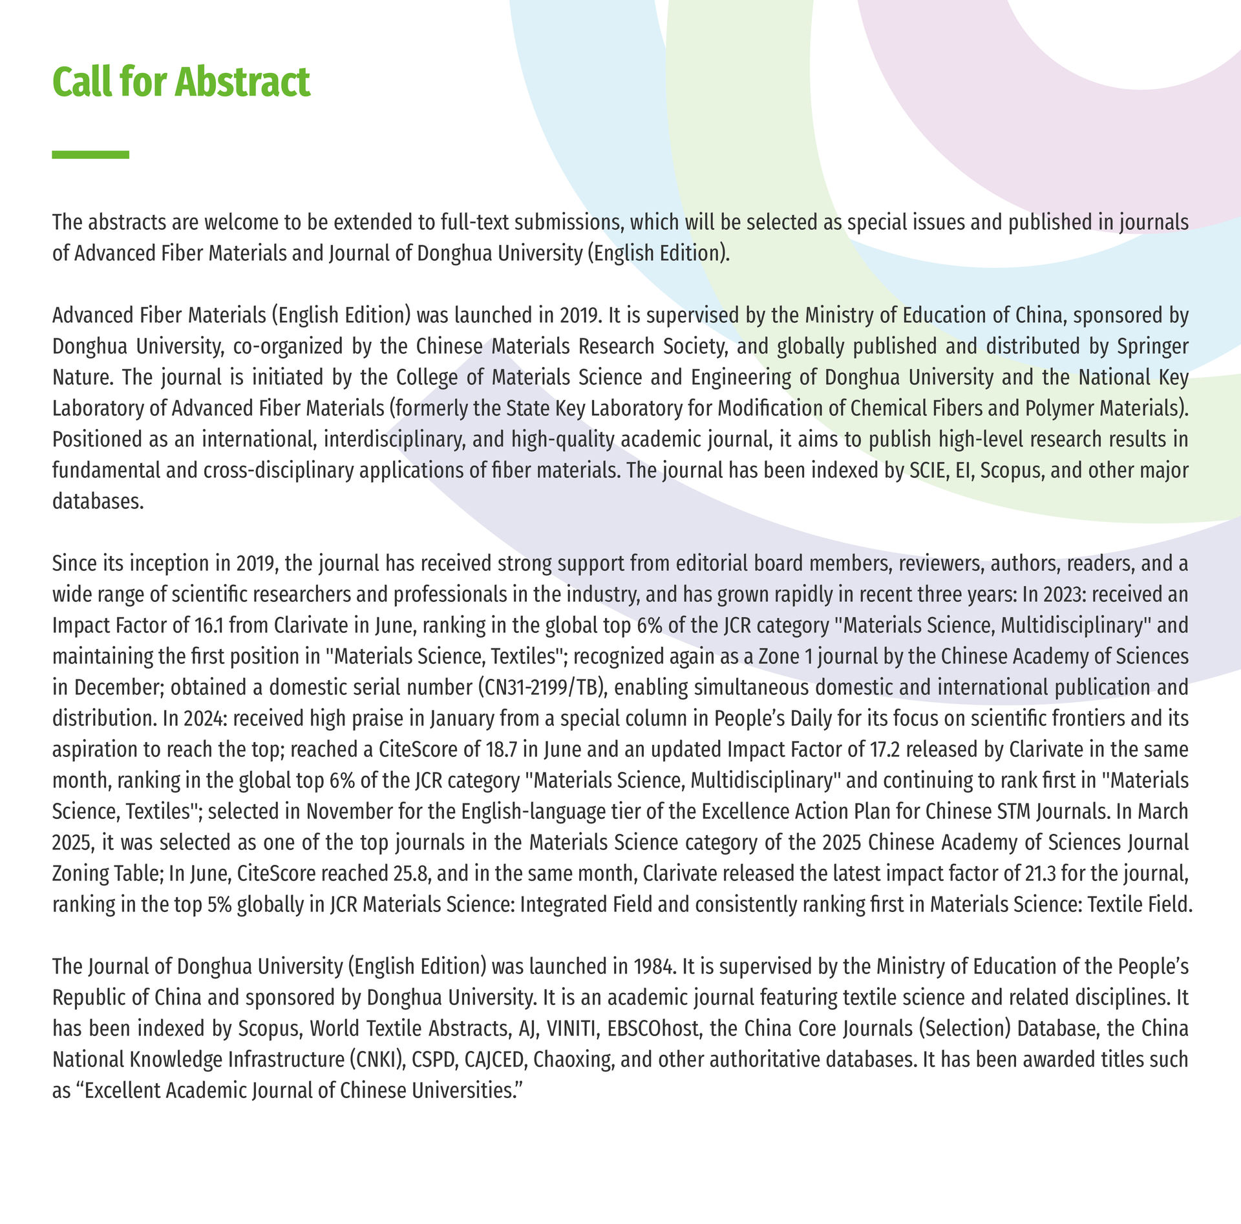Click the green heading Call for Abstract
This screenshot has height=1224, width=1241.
pyautogui.click(x=181, y=82)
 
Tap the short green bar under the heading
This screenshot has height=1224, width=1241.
pyautogui.click(x=90, y=154)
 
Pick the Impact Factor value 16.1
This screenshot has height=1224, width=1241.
pyautogui.click(x=208, y=625)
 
